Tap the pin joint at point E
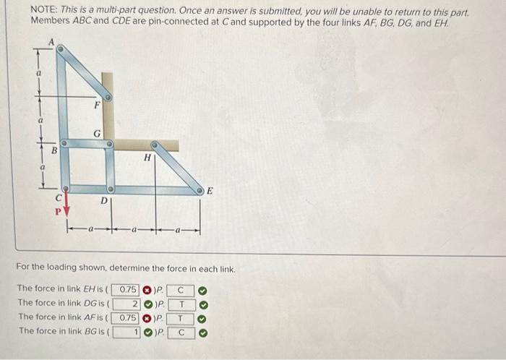[202, 190]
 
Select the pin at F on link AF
[108, 95]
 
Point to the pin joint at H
[155, 145]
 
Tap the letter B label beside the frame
[53, 151]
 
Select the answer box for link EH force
[126, 288]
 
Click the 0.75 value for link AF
[126, 317]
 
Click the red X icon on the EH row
[145, 288]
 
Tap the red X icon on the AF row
[145, 317]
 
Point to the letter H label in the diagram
[147, 156]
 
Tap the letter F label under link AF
[96, 106]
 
